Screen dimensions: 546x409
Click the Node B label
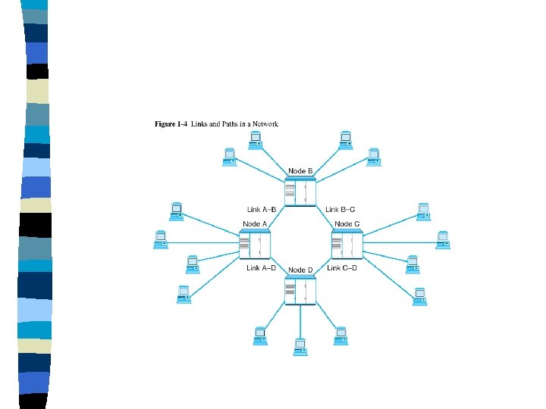click(300, 171)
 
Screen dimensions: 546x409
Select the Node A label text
click(255, 223)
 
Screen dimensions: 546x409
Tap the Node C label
click(347, 223)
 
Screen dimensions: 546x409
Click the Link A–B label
click(261, 208)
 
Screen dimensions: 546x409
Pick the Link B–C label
click(340, 208)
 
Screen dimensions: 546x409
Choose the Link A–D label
click(261, 267)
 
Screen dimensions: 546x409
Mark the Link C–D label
click(341, 267)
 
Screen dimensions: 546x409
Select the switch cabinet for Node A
click(255, 244)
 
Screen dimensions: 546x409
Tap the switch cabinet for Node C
click(347, 244)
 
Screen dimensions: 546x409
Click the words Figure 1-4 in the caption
click(171, 123)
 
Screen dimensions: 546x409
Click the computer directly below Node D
click(300, 345)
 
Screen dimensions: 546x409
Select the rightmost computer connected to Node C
click(442, 239)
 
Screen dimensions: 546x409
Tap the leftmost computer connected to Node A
click(160, 239)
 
